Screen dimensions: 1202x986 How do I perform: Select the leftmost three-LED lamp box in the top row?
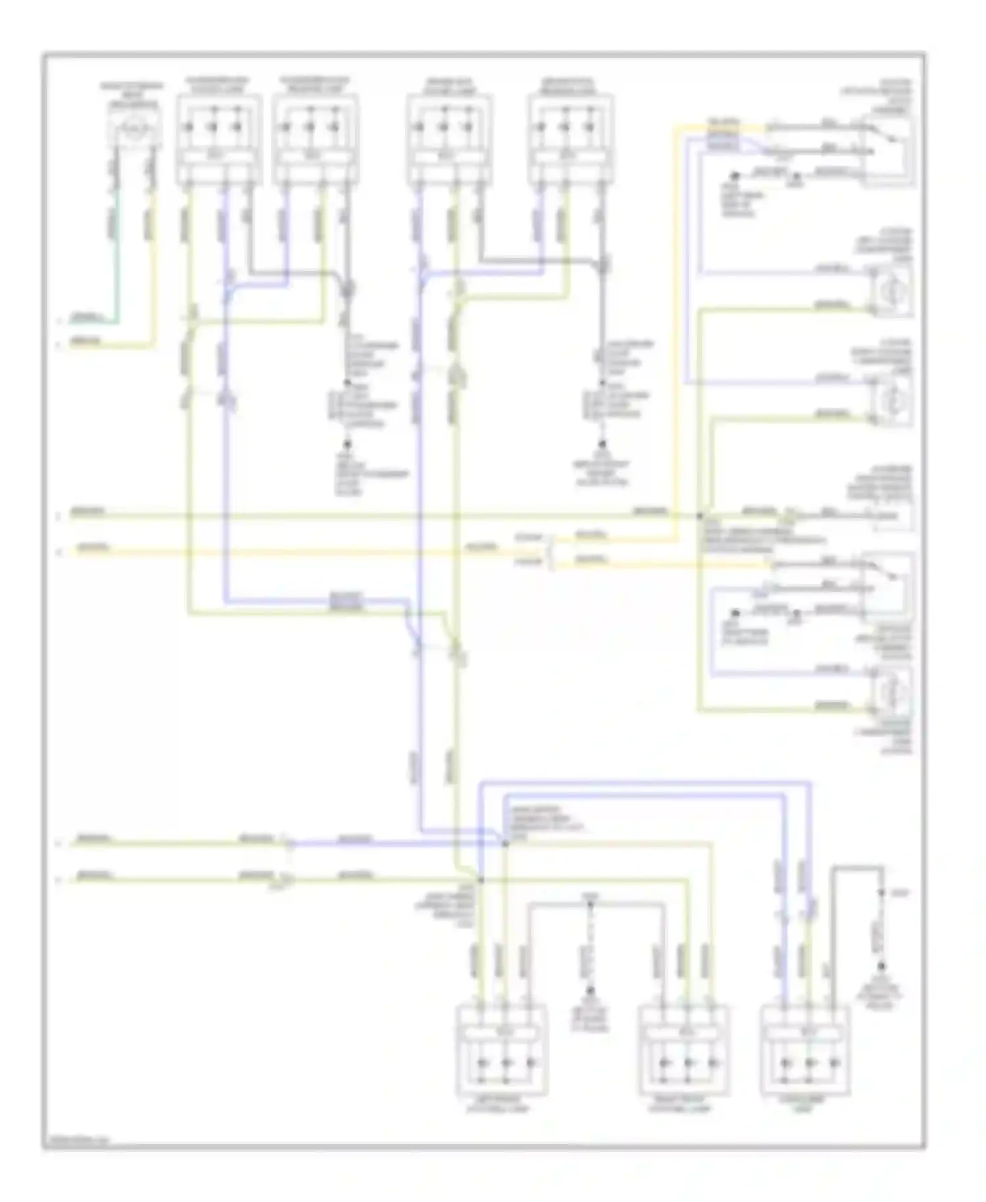coord(218,139)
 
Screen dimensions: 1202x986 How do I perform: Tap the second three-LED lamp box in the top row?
coord(316,139)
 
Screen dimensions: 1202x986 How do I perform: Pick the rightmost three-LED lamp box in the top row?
coord(571,139)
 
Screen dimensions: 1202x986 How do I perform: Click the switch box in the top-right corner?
coord(887,150)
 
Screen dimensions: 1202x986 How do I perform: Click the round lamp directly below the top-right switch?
coord(891,289)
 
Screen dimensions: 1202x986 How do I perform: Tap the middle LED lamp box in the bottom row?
coord(684,1049)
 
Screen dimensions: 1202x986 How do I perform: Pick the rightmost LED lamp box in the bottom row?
coord(806,1049)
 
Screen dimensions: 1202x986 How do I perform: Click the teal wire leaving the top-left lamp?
coord(116,263)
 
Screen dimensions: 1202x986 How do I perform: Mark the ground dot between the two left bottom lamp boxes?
coord(590,990)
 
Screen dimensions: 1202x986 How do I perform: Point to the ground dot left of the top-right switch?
coord(736,176)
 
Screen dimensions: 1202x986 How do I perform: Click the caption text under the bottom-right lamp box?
coord(805,1105)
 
